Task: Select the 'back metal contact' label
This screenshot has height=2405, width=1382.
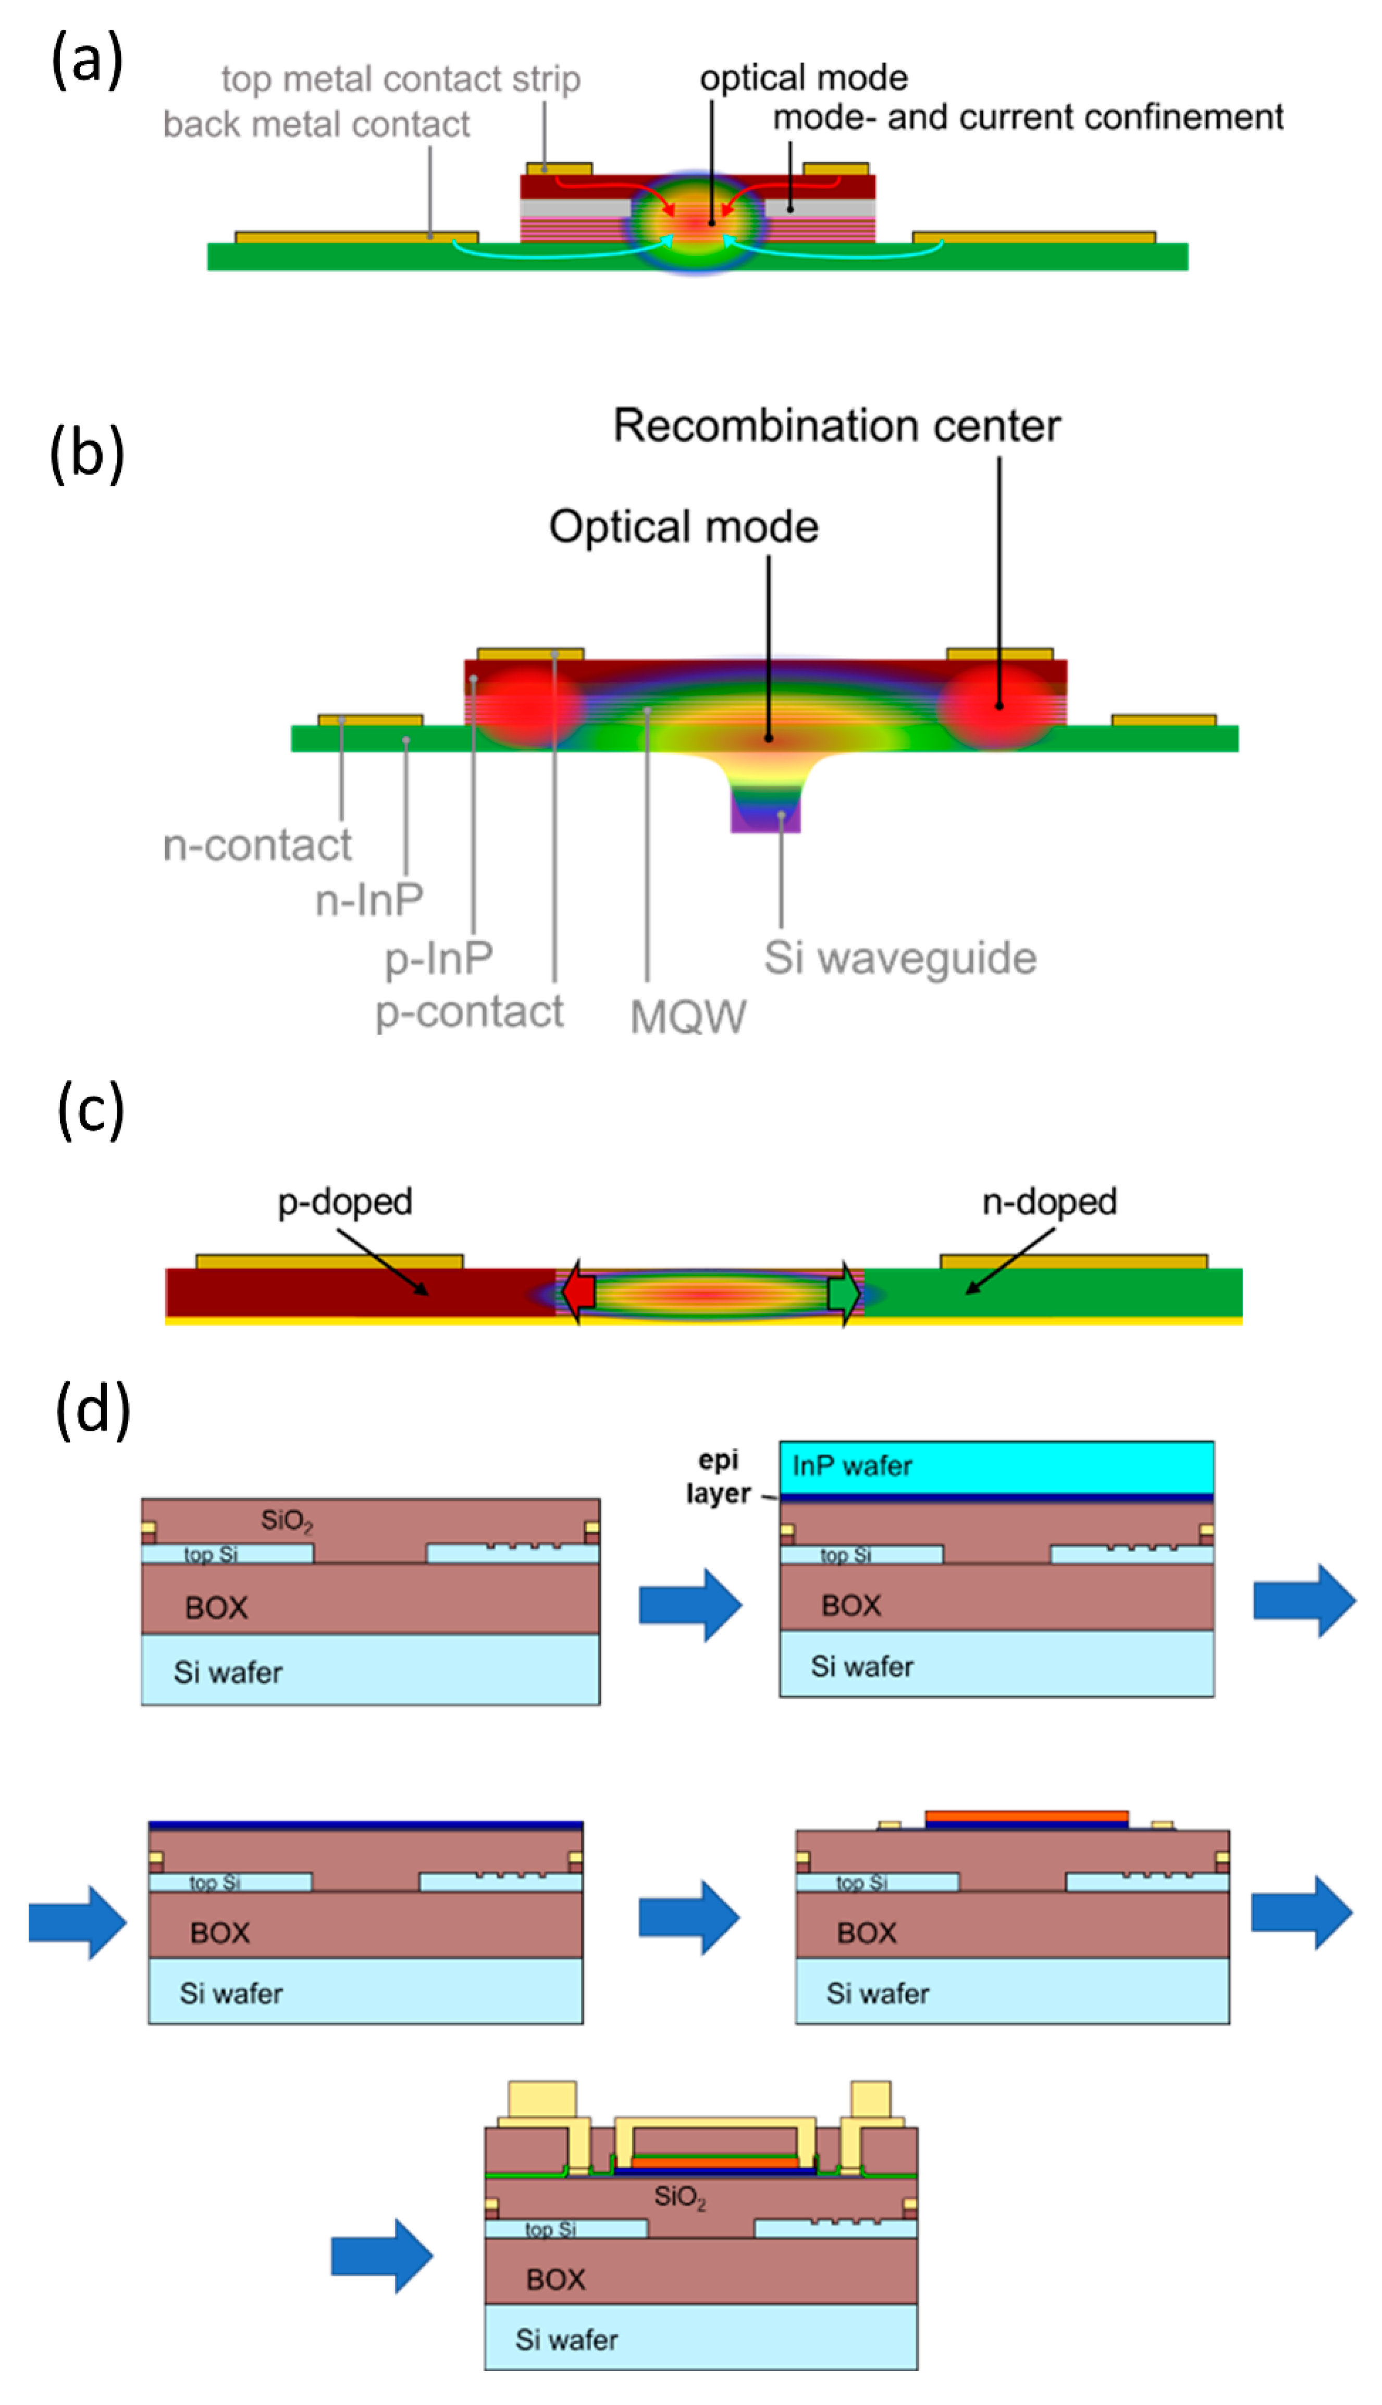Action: pyautogui.click(x=316, y=125)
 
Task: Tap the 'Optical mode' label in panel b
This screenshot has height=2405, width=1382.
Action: pyautogui.click(x=683, y=527)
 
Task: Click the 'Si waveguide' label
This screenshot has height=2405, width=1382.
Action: pyautogui.click(x=900, y=958)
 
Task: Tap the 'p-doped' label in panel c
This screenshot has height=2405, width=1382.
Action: pyautogui.click(x=344, y=1201)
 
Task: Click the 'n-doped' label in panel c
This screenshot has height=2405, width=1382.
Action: pyautogui.click(x=1049, y=1201)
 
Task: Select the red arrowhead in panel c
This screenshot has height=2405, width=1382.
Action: pyautogui.click(x=577, y=1293)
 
